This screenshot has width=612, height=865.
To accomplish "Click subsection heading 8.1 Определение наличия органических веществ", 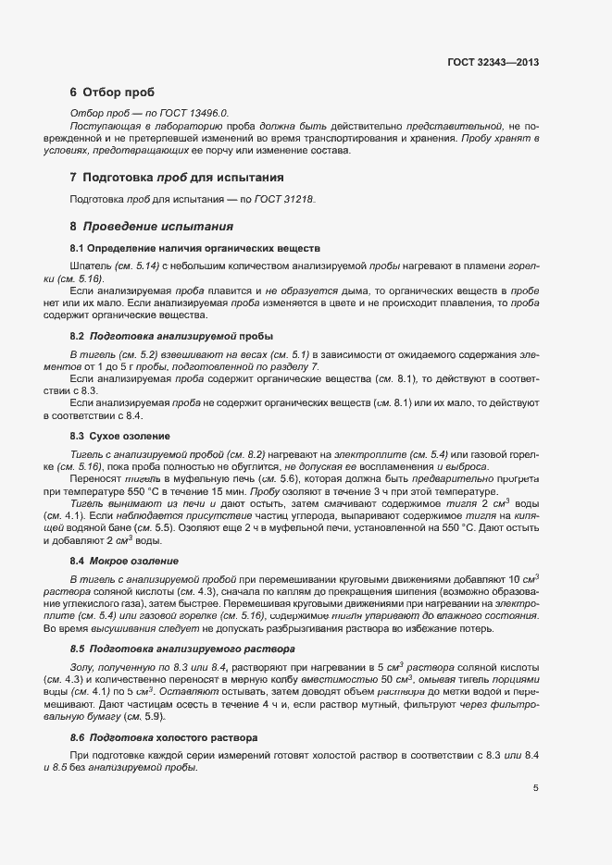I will click(x=195, y=248).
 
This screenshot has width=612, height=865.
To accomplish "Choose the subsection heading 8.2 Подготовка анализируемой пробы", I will click(x=171, y=334).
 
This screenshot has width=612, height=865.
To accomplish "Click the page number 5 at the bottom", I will click(x=535, y=788).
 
